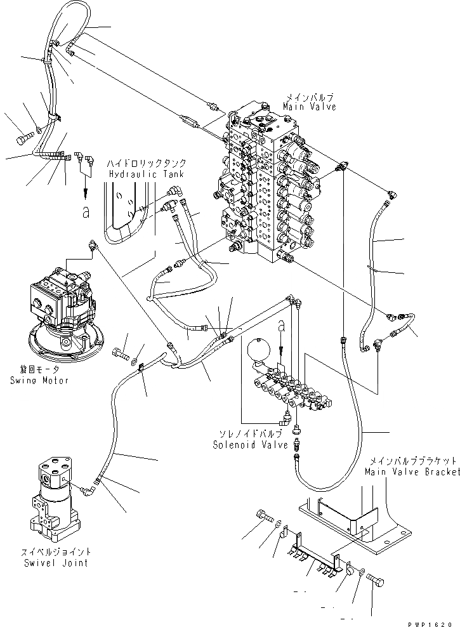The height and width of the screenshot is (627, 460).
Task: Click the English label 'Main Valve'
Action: (310, 107)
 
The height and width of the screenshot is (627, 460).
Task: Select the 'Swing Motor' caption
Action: (39, 380)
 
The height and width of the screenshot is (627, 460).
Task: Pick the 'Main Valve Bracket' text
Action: (412, 472)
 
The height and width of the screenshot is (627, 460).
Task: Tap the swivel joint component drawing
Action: (56, 495)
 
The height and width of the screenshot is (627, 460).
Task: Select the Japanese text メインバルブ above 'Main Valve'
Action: (310, 98)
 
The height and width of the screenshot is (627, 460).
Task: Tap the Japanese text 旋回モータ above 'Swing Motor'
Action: (39, 371)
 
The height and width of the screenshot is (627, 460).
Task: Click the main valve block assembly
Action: (266, 184)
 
